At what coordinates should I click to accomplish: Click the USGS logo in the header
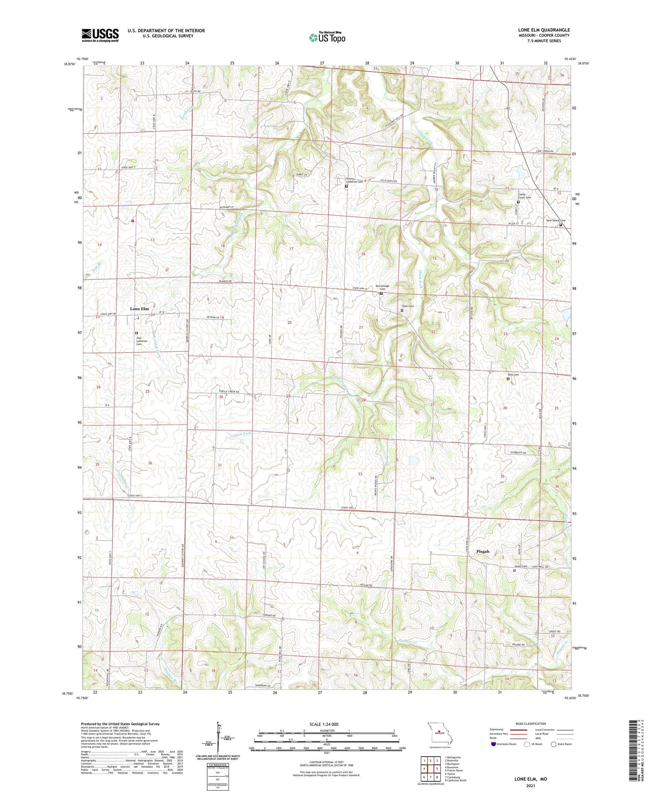point(100,35)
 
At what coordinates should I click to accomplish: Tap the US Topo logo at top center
point(327,37)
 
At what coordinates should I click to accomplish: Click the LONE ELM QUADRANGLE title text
point(544,30)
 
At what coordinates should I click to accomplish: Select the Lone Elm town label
point(139,309)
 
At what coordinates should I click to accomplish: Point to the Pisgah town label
point(483,552)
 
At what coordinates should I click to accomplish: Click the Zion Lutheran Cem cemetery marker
point(136,333)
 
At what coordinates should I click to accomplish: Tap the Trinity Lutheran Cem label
point(354,180)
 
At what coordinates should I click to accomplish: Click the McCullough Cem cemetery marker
point(381,294)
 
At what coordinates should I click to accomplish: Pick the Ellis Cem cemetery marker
point(508,379)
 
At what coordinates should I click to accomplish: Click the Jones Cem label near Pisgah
point(520,566)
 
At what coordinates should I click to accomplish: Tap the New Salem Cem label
point(555,221)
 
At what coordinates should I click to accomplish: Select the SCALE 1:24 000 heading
point(326,724)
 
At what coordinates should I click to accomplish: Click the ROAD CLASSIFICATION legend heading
point(531,724)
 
